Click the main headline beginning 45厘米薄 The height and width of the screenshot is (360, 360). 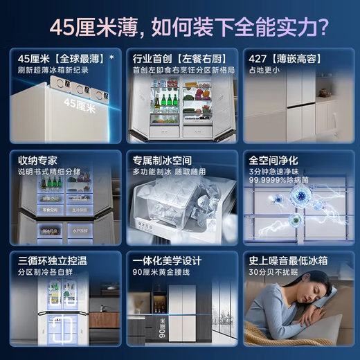[180, 26]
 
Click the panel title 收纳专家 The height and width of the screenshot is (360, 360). [38, 160]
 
